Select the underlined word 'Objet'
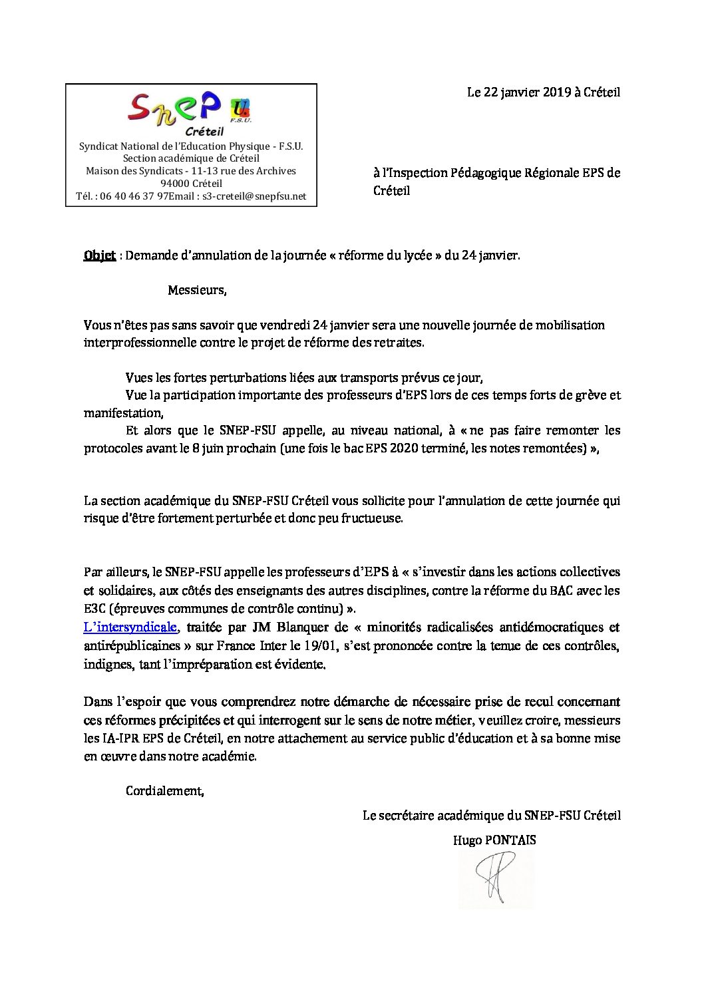tap(100, 255)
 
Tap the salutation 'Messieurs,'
tap(197, 290)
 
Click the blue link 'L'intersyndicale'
tap(130, 627)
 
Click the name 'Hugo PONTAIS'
tap(494, 840)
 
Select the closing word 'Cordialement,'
tap(165, 790)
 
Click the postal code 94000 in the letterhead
tap(174, 184)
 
